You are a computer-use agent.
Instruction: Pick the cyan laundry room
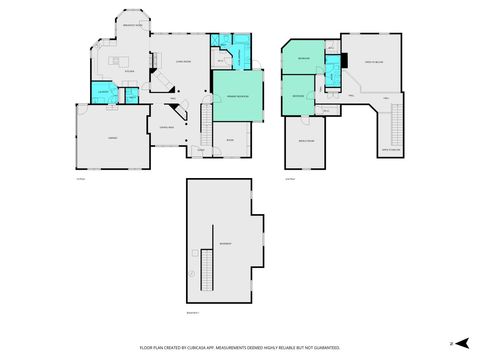101,93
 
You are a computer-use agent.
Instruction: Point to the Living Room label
183,60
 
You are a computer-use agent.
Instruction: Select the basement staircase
208,268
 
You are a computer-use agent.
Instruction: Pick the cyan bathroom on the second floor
332,71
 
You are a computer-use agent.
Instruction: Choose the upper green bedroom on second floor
303,60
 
